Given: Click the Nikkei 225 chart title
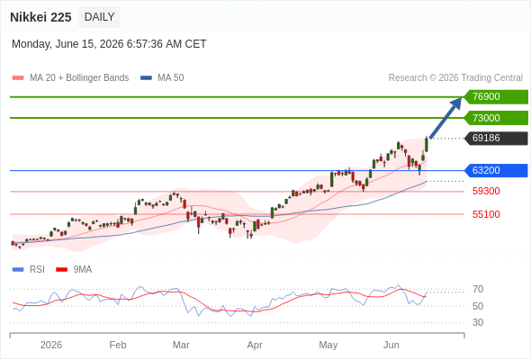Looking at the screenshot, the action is (40, 17).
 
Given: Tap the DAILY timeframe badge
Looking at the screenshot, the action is (99, 17).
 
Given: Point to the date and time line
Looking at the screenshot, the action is (109, 44).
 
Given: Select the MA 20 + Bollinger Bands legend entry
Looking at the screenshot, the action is (70, 78).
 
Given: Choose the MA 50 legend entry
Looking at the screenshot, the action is (162, 78).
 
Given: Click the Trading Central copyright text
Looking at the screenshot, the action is (455, 78).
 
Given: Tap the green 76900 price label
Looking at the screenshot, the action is (496, 97).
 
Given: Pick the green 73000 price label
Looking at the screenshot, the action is (496, 118).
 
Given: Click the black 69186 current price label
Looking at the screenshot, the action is (496, 139).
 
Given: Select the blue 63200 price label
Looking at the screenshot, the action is (496, 170).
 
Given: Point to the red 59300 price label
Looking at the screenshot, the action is (486, 192).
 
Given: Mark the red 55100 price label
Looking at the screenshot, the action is (486, 214).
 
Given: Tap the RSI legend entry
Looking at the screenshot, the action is (28, 270).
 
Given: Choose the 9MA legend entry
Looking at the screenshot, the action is (74, 270).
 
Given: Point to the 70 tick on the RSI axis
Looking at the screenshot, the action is (478, 289).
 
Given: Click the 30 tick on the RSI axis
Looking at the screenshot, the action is (478, 322).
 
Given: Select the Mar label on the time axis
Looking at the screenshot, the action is (181, 345).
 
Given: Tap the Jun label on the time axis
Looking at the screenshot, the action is (391, 345).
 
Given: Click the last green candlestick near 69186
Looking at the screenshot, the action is (427, 145).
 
